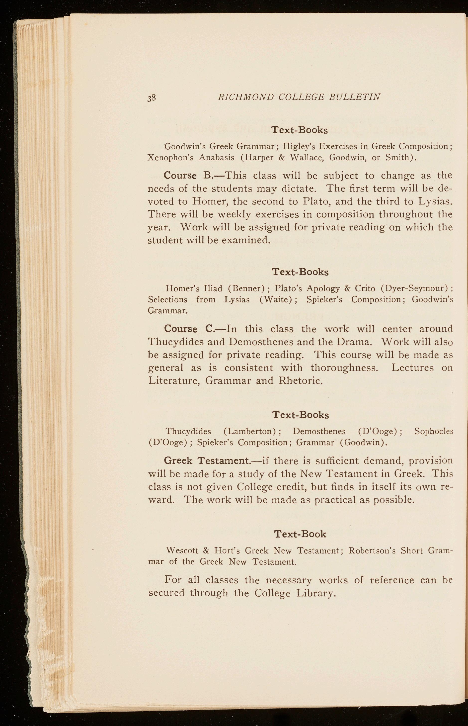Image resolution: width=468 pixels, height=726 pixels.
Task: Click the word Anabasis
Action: [x=217, y=158]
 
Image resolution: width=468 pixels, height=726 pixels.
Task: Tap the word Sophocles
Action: [x=434, y=431]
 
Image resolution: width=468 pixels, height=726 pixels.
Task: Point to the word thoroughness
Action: [x=344, y=368]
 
